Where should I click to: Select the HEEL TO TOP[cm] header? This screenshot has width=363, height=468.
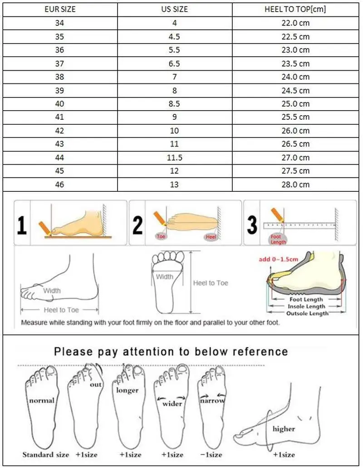(295, 9)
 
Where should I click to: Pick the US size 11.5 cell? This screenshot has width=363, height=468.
(175, 157)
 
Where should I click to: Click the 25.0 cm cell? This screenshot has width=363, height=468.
(295, 104)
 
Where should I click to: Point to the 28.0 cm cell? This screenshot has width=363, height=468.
(295, 184)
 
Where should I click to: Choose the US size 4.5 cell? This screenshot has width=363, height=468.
(175, 36)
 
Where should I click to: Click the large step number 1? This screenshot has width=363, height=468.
(21, 225)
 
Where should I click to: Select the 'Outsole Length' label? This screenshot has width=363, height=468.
(307, 313)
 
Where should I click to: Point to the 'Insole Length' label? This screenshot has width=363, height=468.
(307, 306)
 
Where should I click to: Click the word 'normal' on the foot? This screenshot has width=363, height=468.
(42, 400)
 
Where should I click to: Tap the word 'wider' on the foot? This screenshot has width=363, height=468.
(172, 403)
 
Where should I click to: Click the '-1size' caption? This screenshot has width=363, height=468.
(211, 454)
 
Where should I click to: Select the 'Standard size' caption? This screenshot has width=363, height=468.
(46, 454)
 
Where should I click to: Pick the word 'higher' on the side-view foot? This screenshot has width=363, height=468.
(284, 429)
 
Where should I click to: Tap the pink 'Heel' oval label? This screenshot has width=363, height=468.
(211, 237)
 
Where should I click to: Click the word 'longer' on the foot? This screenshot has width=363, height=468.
(127, 390)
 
